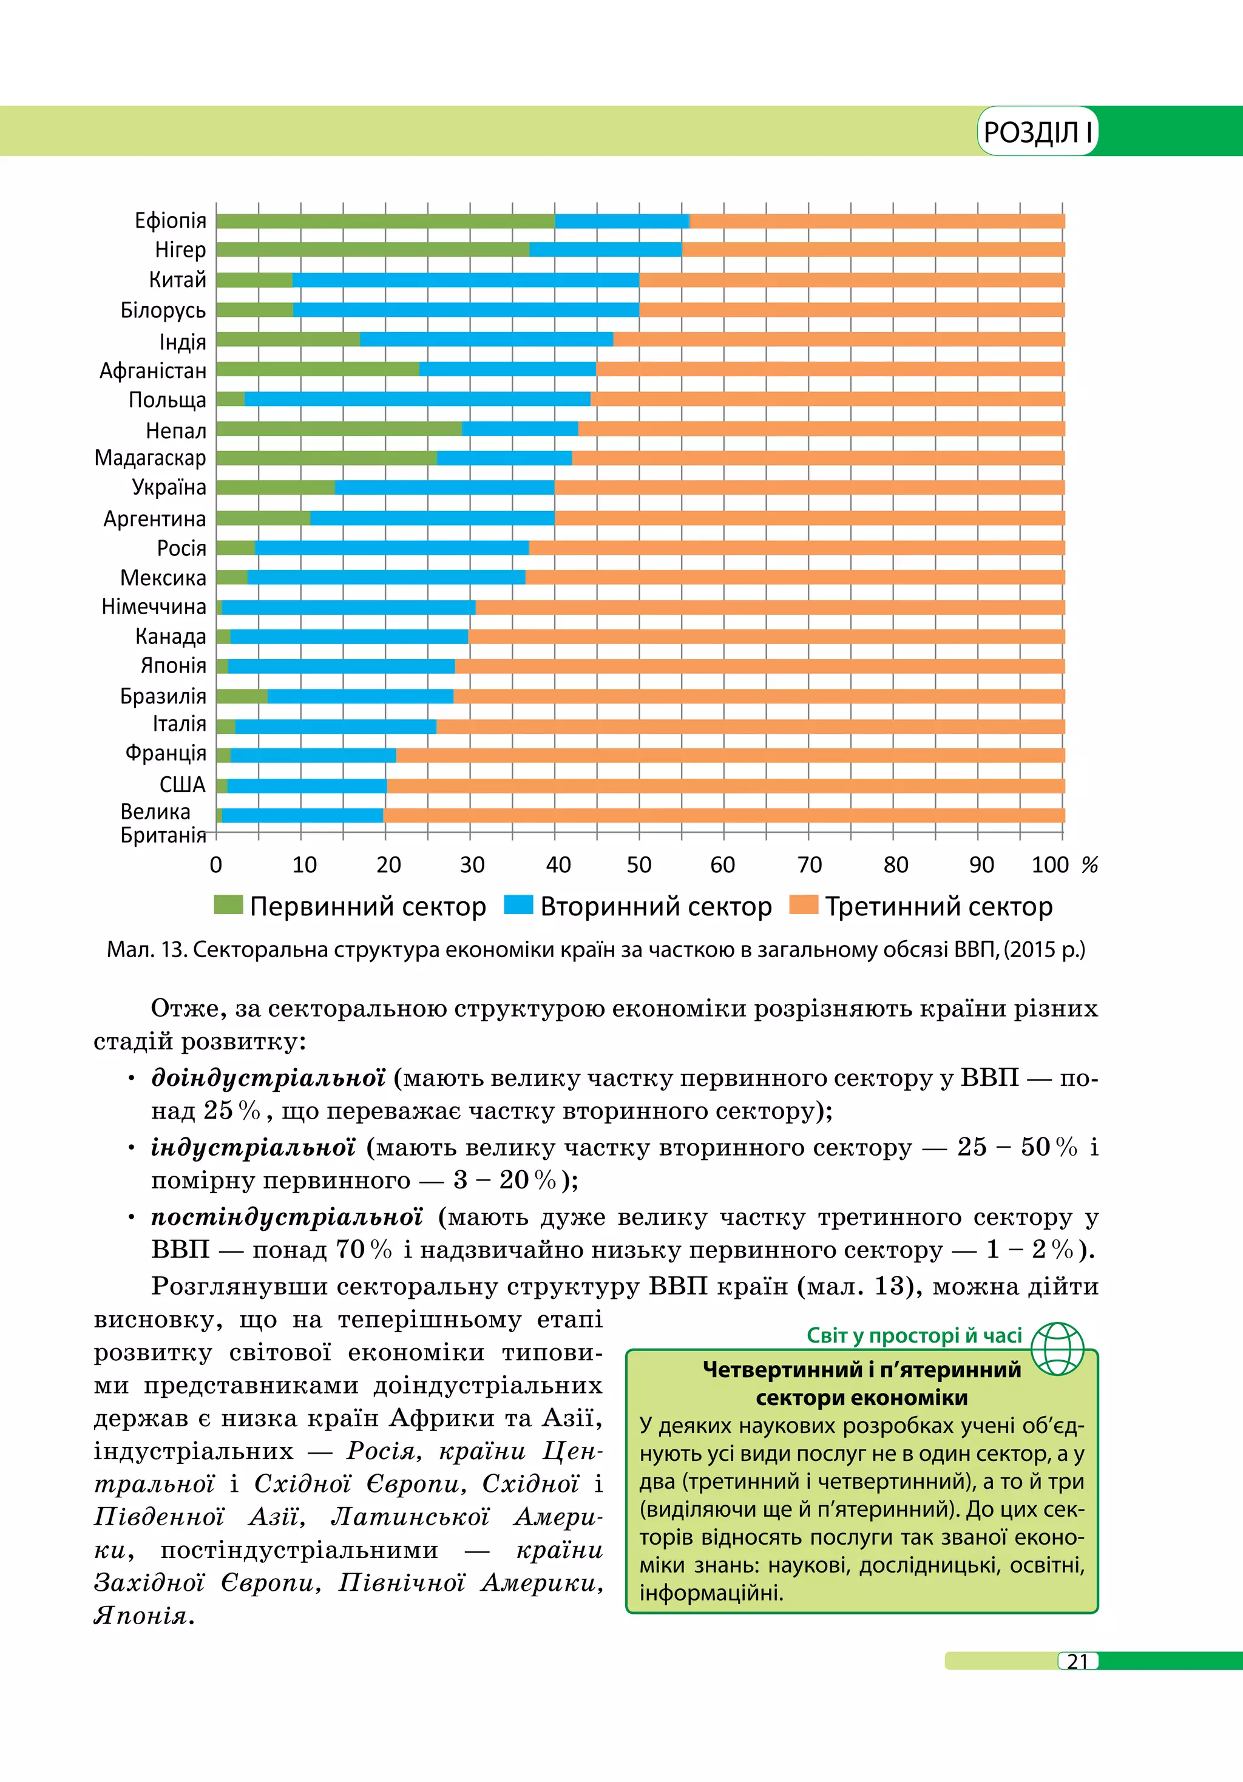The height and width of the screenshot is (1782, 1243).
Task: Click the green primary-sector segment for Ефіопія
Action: coord(385,221)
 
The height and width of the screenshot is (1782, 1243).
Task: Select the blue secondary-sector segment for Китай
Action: coord(466,280)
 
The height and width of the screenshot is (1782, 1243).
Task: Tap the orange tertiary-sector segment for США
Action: coord(725,786)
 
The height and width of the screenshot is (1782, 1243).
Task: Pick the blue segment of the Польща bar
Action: coord(418,399)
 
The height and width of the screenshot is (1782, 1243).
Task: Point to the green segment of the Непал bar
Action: coord(339,429)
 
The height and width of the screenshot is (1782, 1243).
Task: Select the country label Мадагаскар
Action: coord(151,458)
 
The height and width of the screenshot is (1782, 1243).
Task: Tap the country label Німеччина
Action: coord(154,607)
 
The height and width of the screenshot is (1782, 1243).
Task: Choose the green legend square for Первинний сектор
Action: coord(228,905)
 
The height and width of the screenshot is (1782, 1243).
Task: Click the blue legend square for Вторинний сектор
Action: coord(518,905)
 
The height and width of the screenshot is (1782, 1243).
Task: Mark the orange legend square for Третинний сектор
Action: coord(803,905)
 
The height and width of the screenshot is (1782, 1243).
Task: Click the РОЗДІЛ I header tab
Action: coord(1037,132)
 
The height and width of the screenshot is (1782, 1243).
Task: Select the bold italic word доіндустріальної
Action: coord(268,1078)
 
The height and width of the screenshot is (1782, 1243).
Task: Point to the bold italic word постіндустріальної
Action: coord(286,1217)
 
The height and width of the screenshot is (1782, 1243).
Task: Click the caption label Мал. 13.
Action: coord(147,950)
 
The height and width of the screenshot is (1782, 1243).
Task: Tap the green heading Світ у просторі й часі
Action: coord(914,1336)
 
